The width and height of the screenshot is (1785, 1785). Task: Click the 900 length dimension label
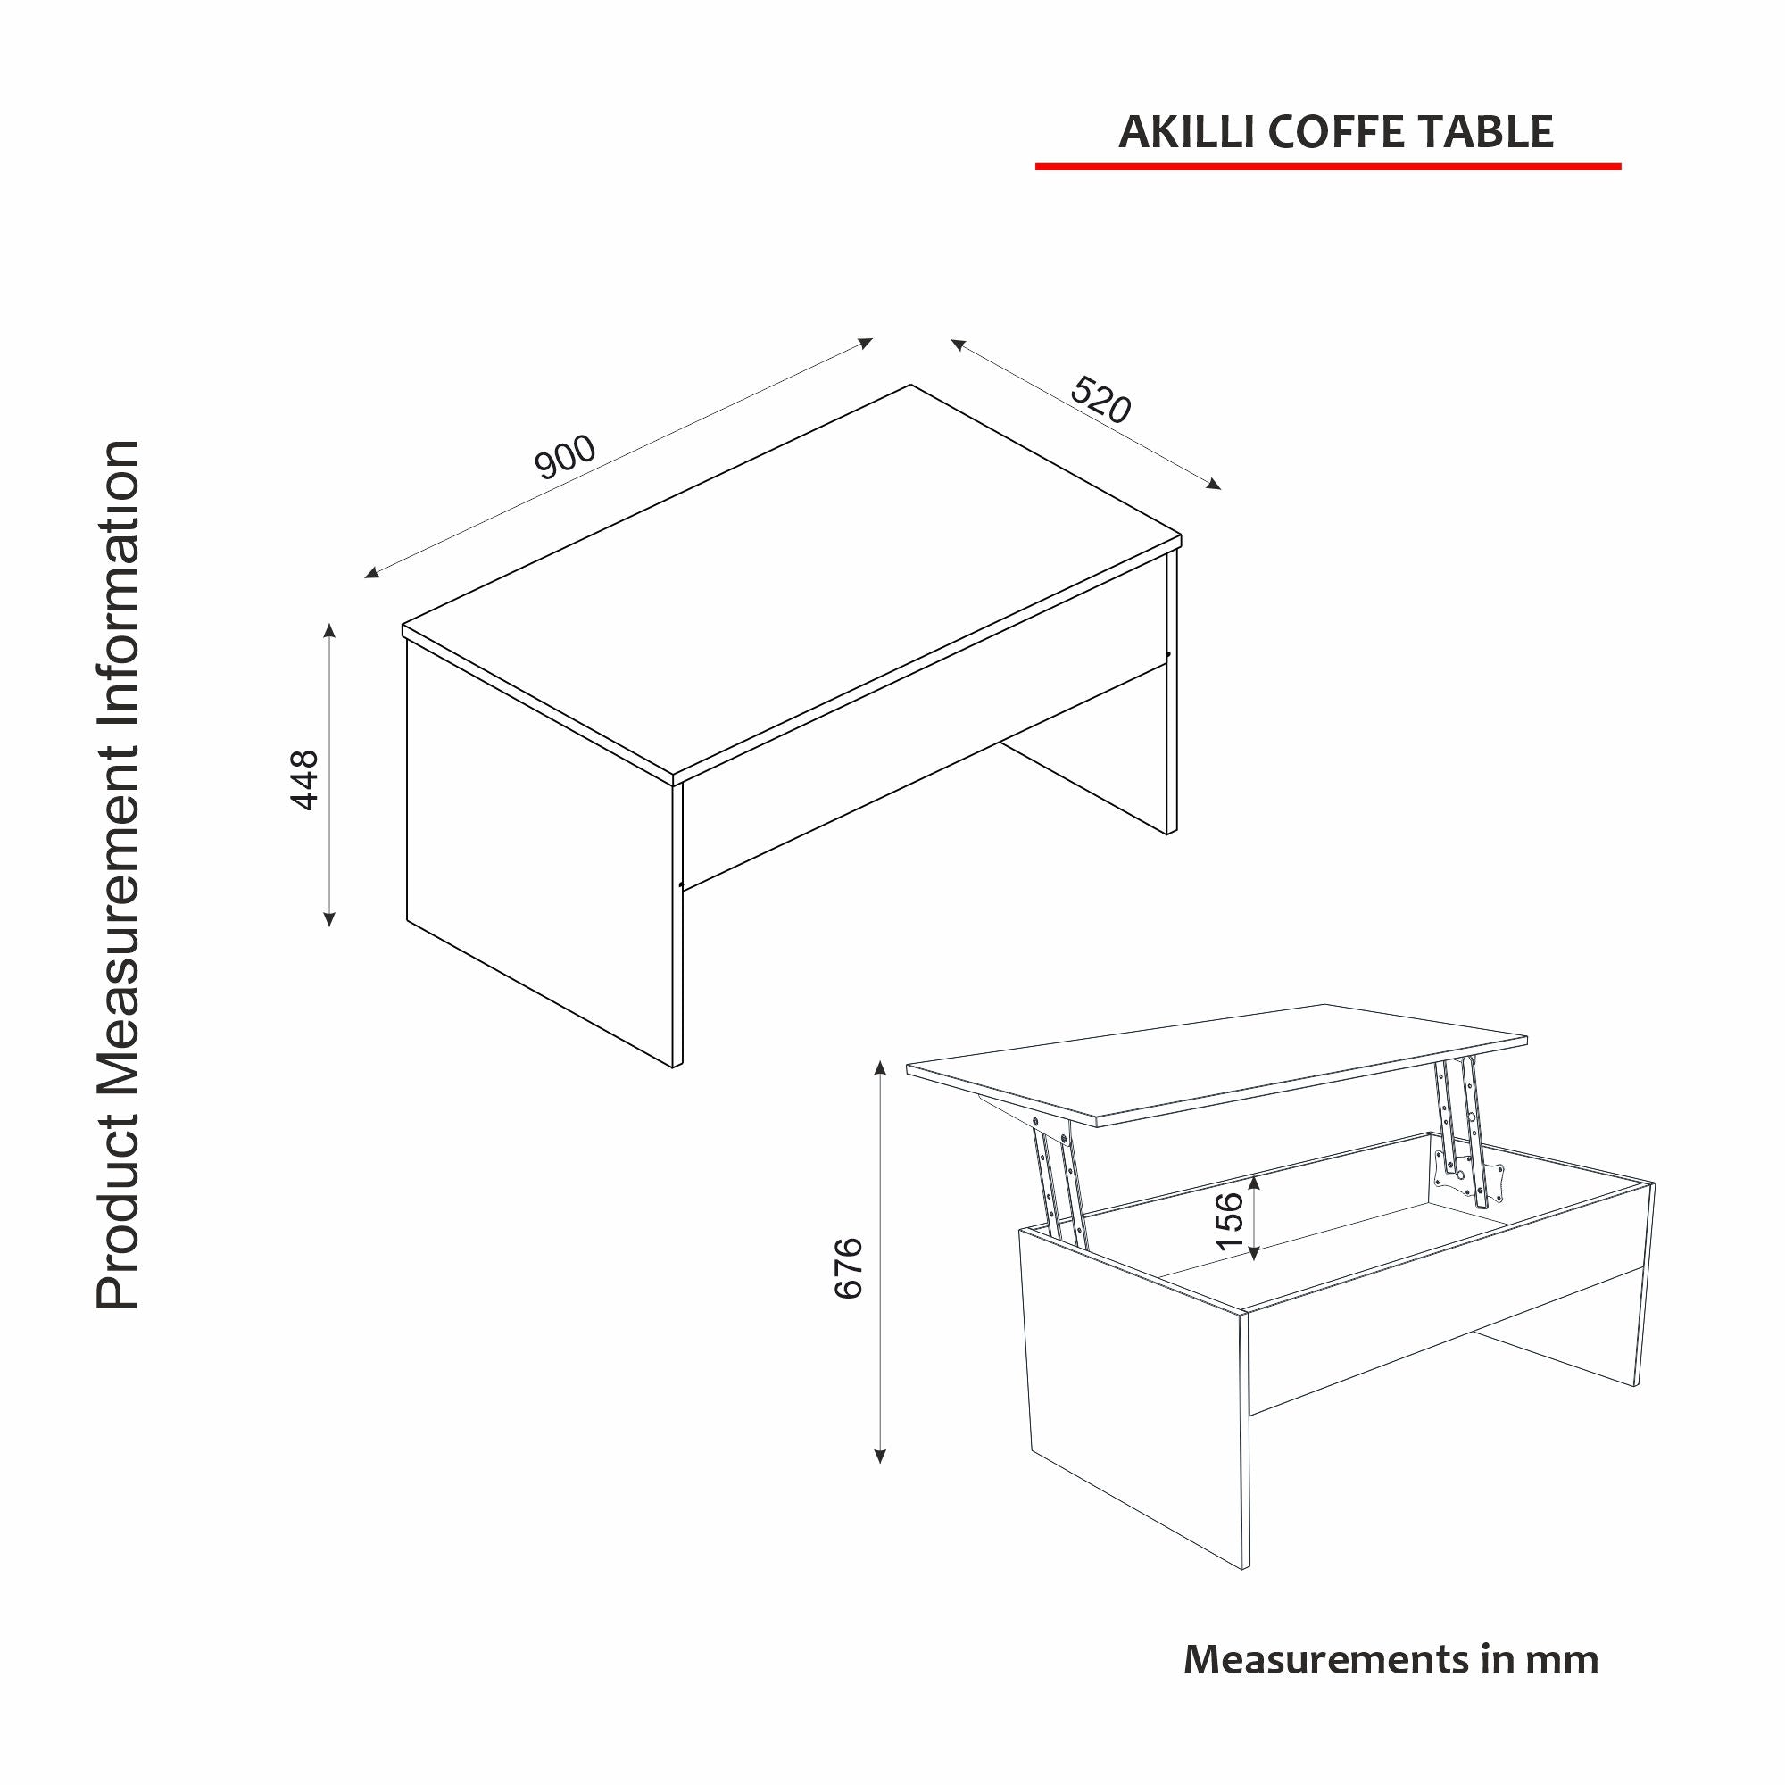566,456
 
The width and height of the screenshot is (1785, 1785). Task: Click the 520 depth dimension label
1100,400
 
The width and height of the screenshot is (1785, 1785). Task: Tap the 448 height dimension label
304,780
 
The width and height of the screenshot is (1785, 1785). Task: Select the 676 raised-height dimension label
848,1267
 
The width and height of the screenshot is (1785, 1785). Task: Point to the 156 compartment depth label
1230,1220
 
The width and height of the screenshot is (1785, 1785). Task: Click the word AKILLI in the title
1185,132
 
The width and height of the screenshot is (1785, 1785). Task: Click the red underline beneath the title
1327,166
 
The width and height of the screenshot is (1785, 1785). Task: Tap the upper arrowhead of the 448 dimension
329,630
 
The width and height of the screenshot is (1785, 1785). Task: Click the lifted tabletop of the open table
1219,1061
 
